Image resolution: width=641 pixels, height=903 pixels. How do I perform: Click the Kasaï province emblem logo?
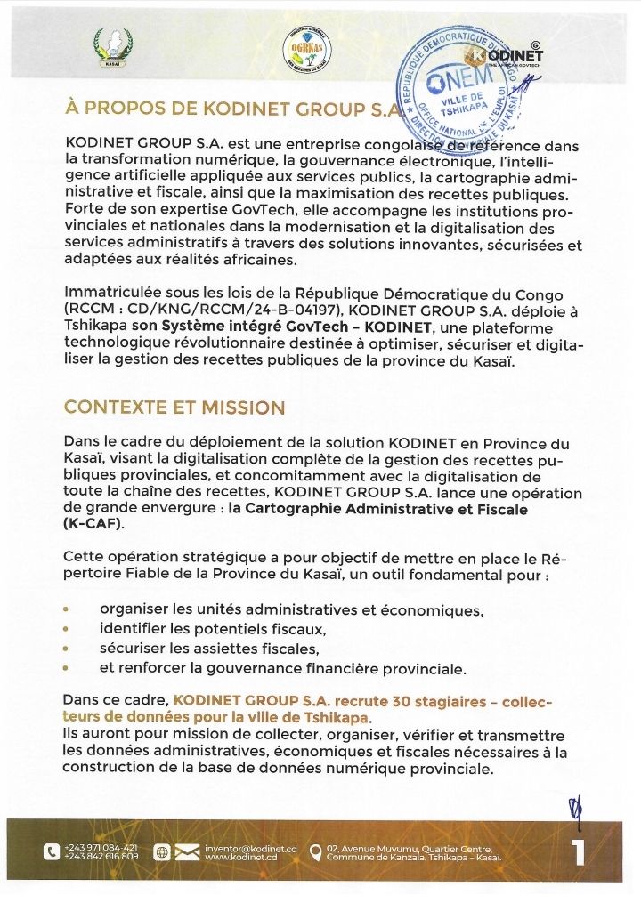point(113,47)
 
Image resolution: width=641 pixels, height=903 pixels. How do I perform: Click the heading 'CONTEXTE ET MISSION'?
point(174,408)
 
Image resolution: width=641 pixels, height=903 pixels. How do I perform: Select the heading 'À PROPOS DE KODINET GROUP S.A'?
point(229,109)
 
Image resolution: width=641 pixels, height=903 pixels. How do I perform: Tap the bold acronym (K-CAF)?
point(94,525)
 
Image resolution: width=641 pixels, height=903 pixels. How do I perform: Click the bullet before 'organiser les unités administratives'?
point(67,611)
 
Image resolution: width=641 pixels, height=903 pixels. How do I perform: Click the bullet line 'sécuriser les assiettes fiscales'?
point(209,649)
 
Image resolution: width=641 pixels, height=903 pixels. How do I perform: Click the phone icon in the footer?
point(52,851)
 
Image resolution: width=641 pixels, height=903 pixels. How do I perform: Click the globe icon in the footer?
point(161,852)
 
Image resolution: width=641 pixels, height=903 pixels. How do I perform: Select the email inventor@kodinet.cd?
point(250,847)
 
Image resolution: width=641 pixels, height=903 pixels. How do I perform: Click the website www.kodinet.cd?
point(241,857)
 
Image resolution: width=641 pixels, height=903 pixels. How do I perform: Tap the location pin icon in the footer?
point(314,852)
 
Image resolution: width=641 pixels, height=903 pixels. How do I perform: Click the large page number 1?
point(577,851)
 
